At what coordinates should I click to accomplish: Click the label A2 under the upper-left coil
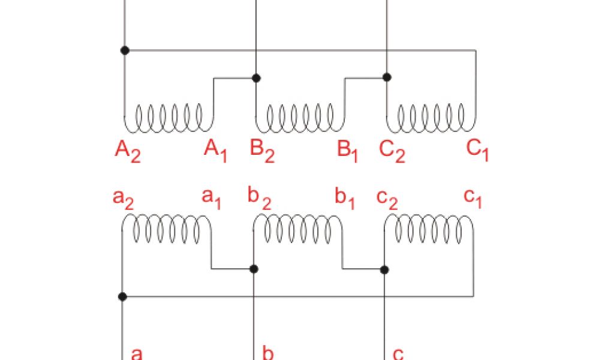pyautogui.click(x=128, y=151)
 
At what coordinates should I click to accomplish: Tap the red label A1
pyautogui.click(x=216, y=149)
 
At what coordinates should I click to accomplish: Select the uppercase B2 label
pyautogui.click(x=262, y=151)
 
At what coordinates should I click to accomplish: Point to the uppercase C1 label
pyautogui.click(x=478, y=149)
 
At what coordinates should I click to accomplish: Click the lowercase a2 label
pyautogui.click(x=123, y=198)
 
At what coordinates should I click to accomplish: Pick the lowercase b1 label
pyautogui.click(x=345, y=199)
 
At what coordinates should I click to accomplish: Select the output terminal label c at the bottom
pyautogui.click(x=398, y=353)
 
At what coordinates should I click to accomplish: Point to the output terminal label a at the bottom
pyautogui.click(x=137, y=353)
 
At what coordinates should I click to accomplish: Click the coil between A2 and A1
pyautogui.click(x=168, y=117)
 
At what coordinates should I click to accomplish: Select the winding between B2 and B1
pyautogui.click(x=300, y=117)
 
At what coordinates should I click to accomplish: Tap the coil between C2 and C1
pyautogui.click(x=431, y=117)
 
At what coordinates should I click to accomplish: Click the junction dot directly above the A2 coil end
pyautogui.click(x=125, y=50)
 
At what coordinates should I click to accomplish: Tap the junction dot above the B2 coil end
pyautogui.click(x=256, y=78)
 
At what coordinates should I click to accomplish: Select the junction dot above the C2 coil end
pyautogui.click(x=387, y=77)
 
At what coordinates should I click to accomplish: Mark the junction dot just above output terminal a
pyautogui.click(x=122, y=296)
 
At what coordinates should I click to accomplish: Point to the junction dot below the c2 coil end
pyautogui.click(x=385, y=270)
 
